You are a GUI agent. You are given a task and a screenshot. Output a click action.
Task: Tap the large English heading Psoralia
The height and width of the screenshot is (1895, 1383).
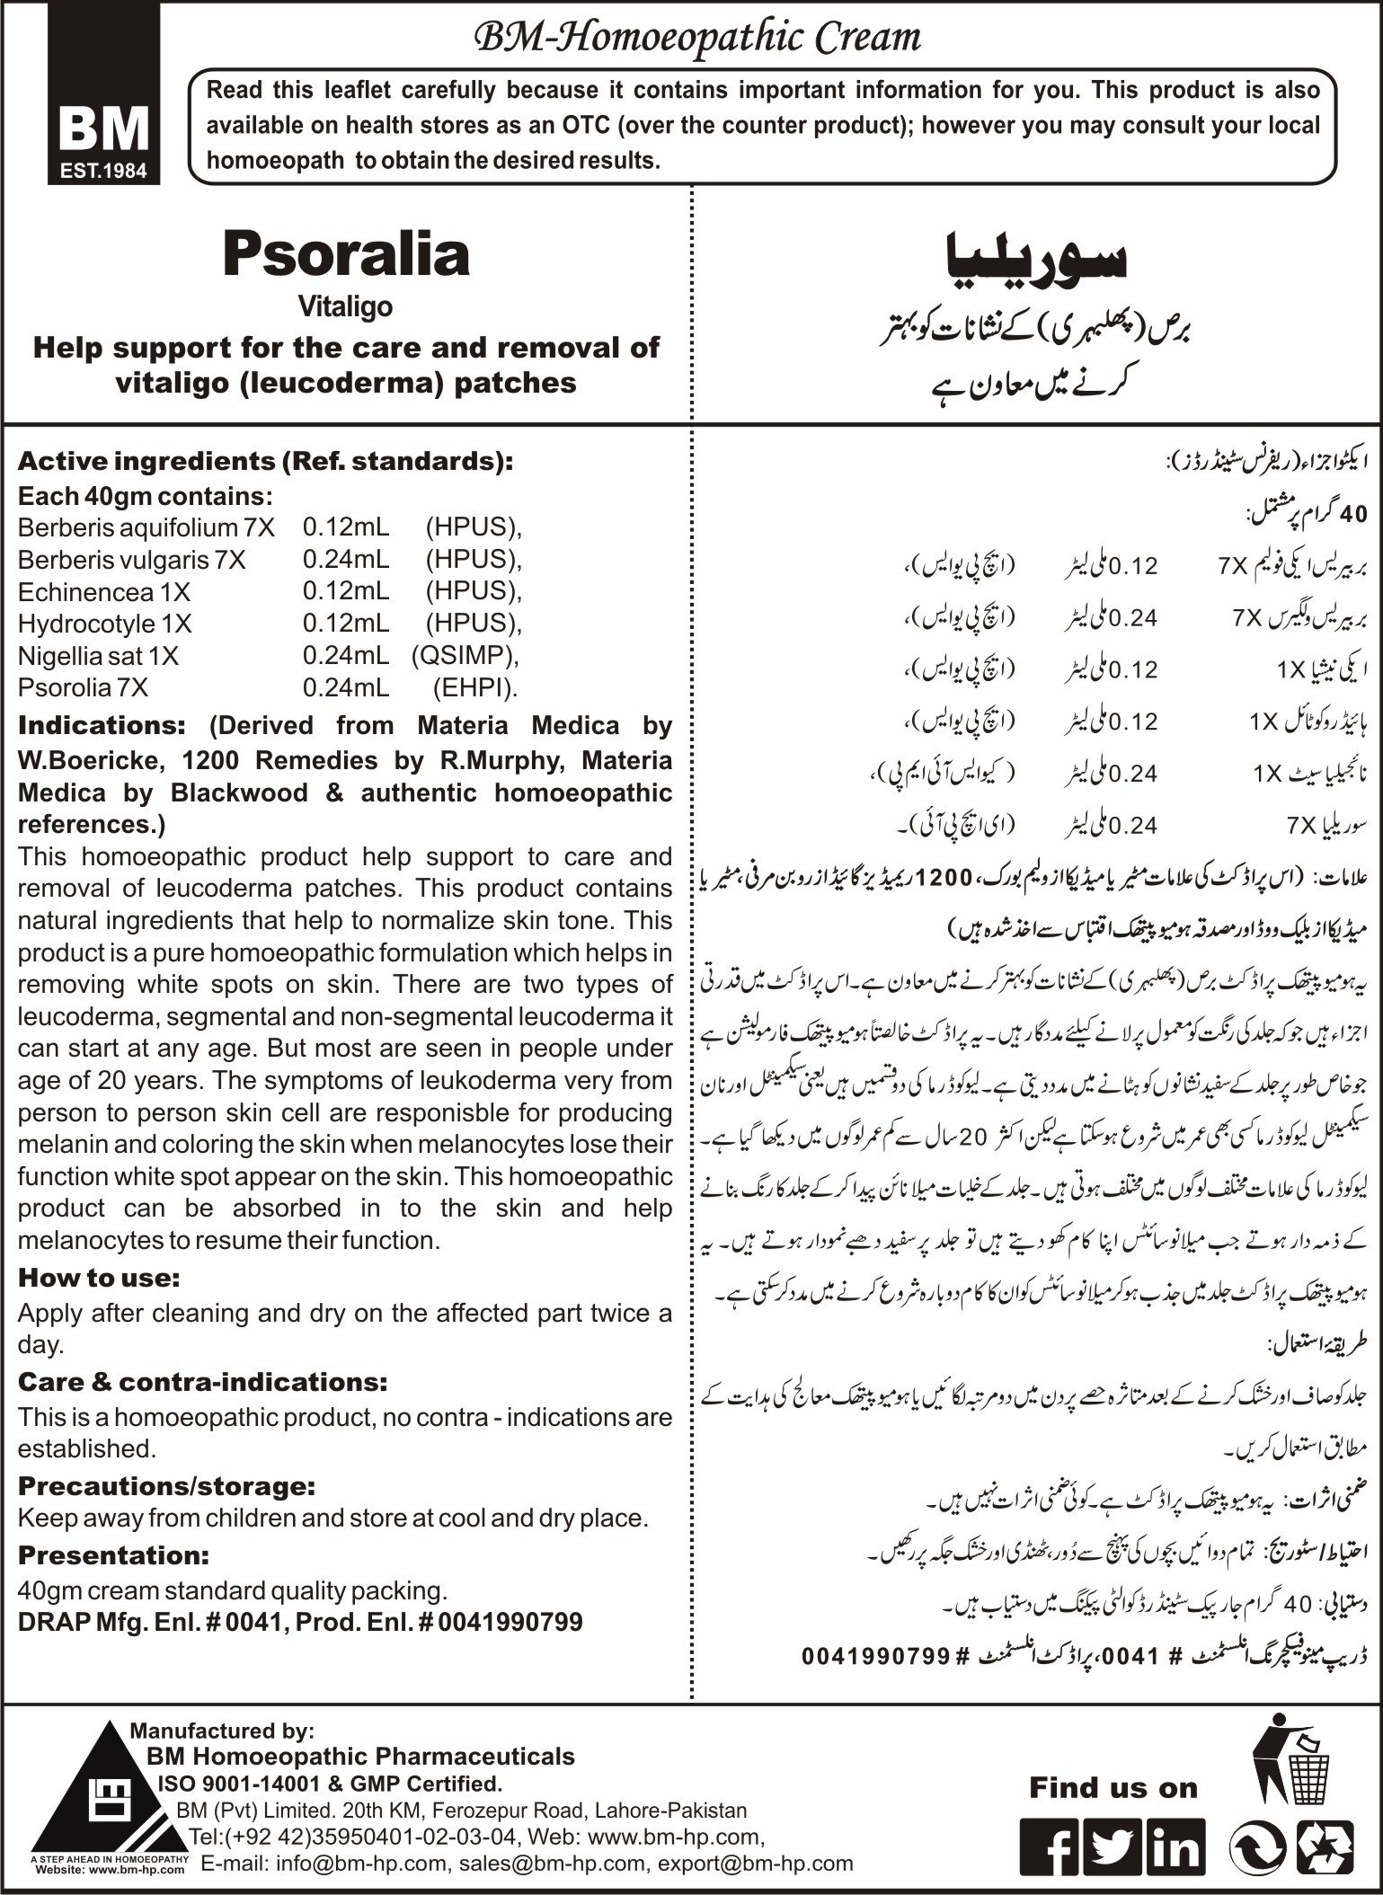click(x=346, y=254)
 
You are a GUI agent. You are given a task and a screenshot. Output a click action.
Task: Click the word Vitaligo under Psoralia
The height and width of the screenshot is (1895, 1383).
click(x=346, y=307)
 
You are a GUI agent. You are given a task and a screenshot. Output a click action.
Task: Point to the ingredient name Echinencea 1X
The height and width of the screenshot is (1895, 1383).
click(x=104, y=593)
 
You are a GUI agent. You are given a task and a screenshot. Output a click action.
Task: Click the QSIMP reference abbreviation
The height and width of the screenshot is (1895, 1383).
click(x=465, y=656)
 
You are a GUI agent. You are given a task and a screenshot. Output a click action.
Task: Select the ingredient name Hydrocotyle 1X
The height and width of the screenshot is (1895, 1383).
click(x=105, y=624)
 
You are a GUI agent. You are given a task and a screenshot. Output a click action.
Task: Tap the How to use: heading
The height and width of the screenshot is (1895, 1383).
click(x=99, y=1277)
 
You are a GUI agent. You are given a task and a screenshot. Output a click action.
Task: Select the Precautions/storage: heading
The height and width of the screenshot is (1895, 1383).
click(x=167, y=1486)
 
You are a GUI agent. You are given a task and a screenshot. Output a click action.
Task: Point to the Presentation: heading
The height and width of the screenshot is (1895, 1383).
click(x=114, y=1554)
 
